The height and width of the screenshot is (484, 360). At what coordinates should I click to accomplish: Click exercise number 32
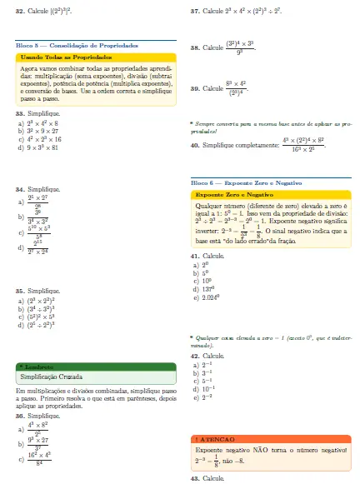point(19,13)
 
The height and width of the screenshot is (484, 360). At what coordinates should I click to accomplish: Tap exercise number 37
point(194,13)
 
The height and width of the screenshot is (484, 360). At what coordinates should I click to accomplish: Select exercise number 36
point(19,392)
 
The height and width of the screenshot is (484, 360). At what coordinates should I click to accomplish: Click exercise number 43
point(194,477)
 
